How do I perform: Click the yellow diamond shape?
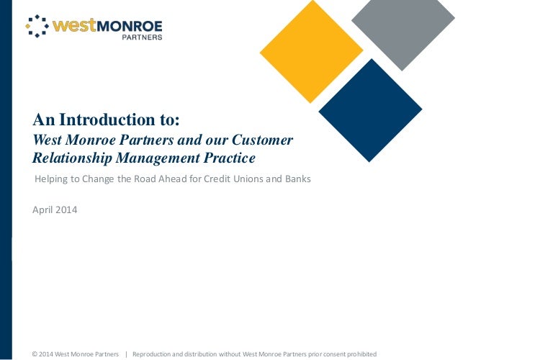point(311,50)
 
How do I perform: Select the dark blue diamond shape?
point(370,110)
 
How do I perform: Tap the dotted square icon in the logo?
point(37,26)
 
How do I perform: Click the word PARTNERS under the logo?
point(141,37)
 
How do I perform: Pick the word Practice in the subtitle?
point(230,157)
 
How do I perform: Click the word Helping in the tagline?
point(53,179)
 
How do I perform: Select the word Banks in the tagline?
point(297,179)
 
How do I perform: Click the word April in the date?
point(42,210)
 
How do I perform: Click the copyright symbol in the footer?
point(35,354)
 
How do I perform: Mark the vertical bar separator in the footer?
point(126,354)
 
